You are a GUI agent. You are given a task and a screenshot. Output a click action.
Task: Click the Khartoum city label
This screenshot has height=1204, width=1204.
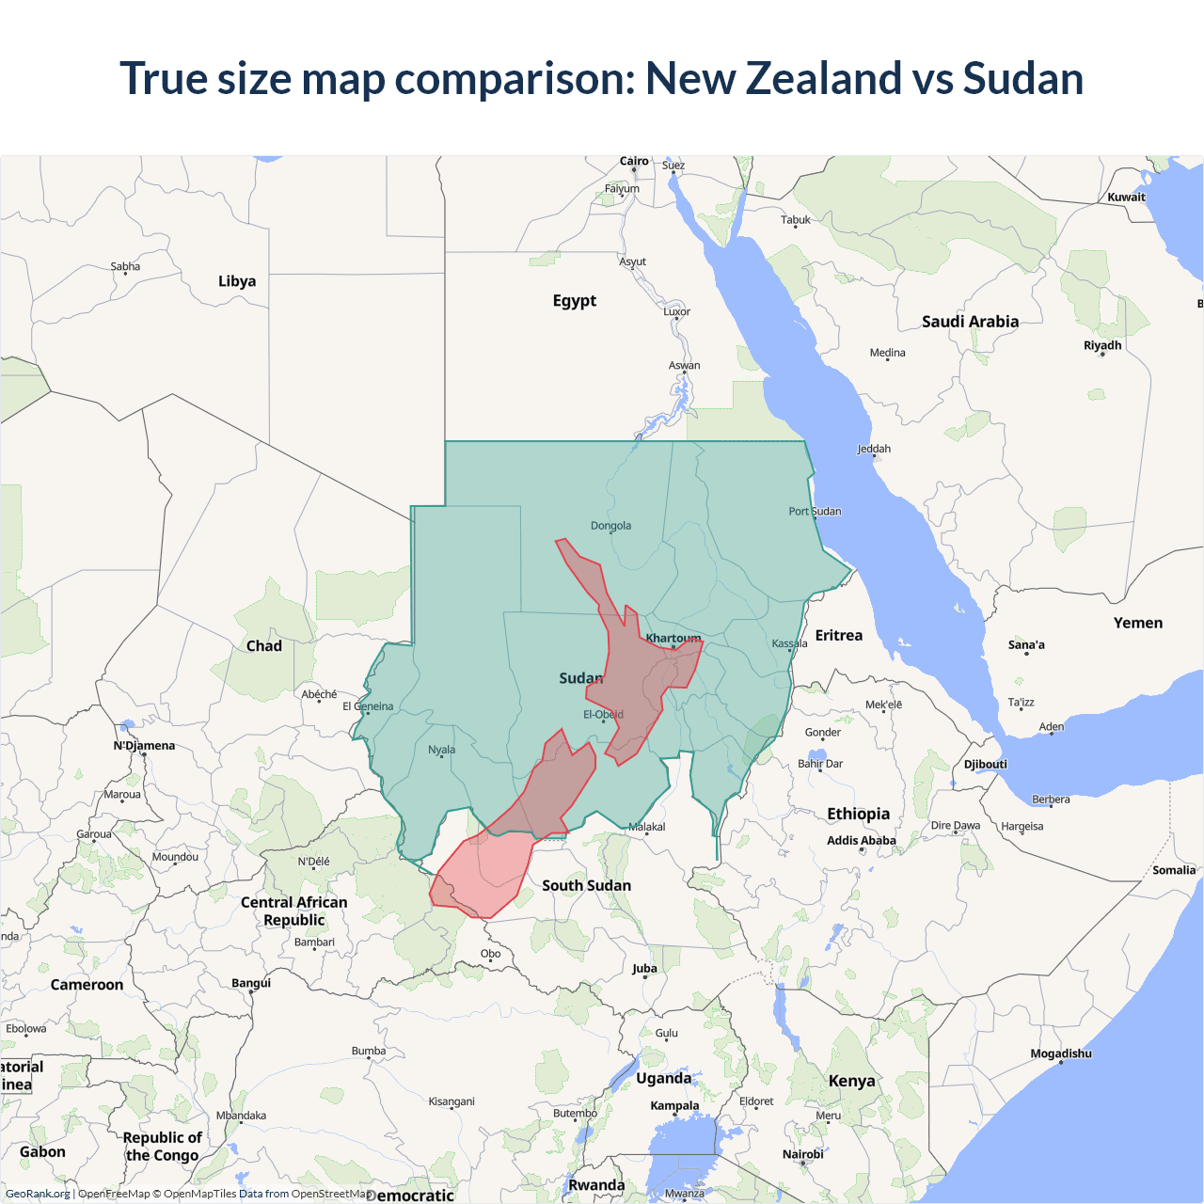pos(673,639)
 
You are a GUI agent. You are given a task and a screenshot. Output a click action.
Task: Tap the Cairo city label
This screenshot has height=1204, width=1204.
pos(634,161)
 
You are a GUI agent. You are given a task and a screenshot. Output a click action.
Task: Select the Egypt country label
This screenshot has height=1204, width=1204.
pos(575,301)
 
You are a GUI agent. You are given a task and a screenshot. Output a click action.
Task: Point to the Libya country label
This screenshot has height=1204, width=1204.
pos(237,281)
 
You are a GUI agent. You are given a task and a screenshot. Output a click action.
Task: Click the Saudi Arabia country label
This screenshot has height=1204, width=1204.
pos(970,322)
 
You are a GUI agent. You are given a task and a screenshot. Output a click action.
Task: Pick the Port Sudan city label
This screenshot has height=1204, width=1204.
pos(815,512)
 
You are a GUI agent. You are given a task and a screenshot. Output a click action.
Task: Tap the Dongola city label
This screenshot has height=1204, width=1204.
pos(610,526)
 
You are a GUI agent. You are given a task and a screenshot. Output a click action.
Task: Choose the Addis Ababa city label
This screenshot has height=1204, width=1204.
pos(862,841)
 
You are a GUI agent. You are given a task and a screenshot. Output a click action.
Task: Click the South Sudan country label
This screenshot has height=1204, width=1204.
pos(586,885)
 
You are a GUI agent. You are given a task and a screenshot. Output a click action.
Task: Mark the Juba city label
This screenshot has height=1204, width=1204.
pos(644,968)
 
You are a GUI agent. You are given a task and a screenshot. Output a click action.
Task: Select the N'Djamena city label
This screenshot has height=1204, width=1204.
pos(144,746)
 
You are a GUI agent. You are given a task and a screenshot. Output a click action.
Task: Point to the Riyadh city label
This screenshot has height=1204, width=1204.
pos(1102,345)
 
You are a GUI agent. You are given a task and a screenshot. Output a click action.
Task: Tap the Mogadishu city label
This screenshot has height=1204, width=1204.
pos(1061,1053)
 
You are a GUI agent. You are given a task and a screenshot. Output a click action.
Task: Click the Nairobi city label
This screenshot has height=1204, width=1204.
pos(803,1154)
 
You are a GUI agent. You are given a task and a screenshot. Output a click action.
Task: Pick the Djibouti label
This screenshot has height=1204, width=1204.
pos(985,764)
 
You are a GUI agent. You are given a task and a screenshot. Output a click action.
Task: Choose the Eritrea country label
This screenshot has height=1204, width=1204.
pos(839,636)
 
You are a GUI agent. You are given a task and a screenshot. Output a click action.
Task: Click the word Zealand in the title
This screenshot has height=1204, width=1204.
pos(822,78)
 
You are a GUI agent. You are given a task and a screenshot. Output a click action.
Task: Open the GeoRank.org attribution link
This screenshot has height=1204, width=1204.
pos(38,1194)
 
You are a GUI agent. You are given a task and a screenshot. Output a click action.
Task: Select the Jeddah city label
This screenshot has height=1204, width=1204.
pos(874,449)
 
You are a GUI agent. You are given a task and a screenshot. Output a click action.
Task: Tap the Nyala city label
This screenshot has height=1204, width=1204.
pos(441,750)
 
